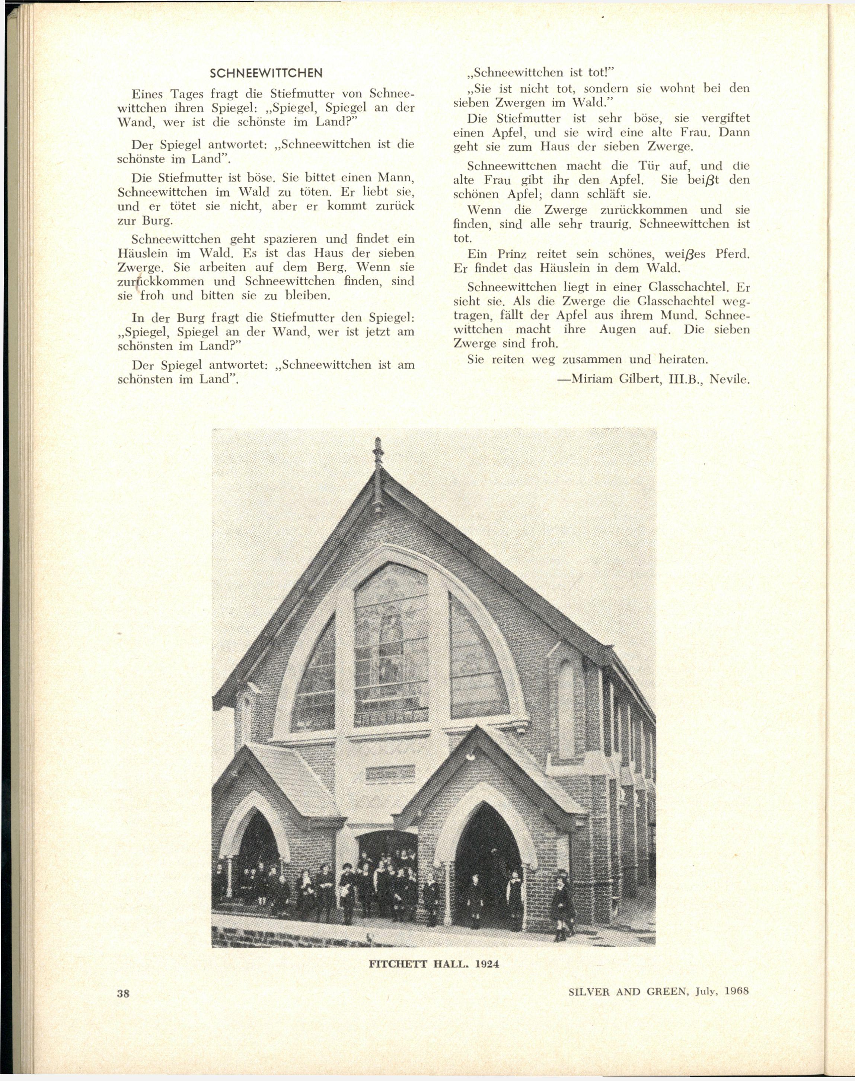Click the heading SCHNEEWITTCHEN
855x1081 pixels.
(266, 73)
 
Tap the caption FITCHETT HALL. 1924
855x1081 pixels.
(434, 963)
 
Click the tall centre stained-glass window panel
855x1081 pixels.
(391, 646)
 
